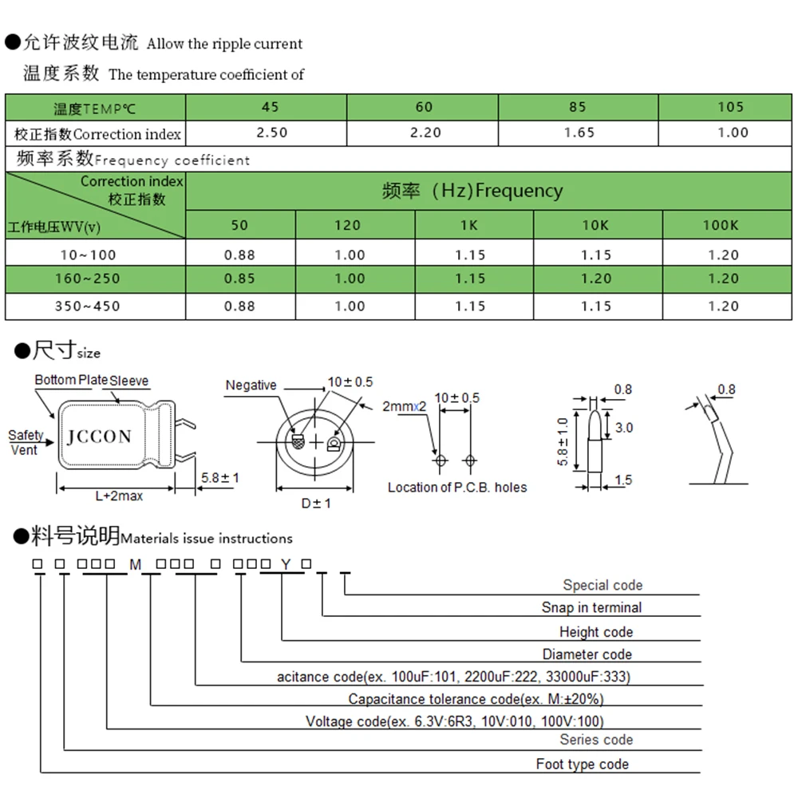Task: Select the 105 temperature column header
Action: [x=730, y=107]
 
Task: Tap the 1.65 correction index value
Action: [x=579, y=132]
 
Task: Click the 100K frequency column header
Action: [x=721, y=225]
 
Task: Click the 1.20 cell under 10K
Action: [x=596, y=279]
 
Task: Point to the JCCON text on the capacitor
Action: [x=99, y=437]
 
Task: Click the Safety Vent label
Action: [x=26, y=442]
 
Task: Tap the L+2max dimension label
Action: [x=119, y=496]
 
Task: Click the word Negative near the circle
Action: [x=251, y=385]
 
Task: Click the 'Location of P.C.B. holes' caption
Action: [x=457, y=487]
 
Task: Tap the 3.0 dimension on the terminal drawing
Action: [x=624, y=428]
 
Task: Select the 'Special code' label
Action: [x=602, y=585]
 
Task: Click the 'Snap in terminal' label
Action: [x=591, y=607]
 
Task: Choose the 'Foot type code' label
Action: [x=582, y=764]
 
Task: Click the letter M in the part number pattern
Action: [x=135, y=564]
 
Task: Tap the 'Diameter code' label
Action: [x=587, y=654]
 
